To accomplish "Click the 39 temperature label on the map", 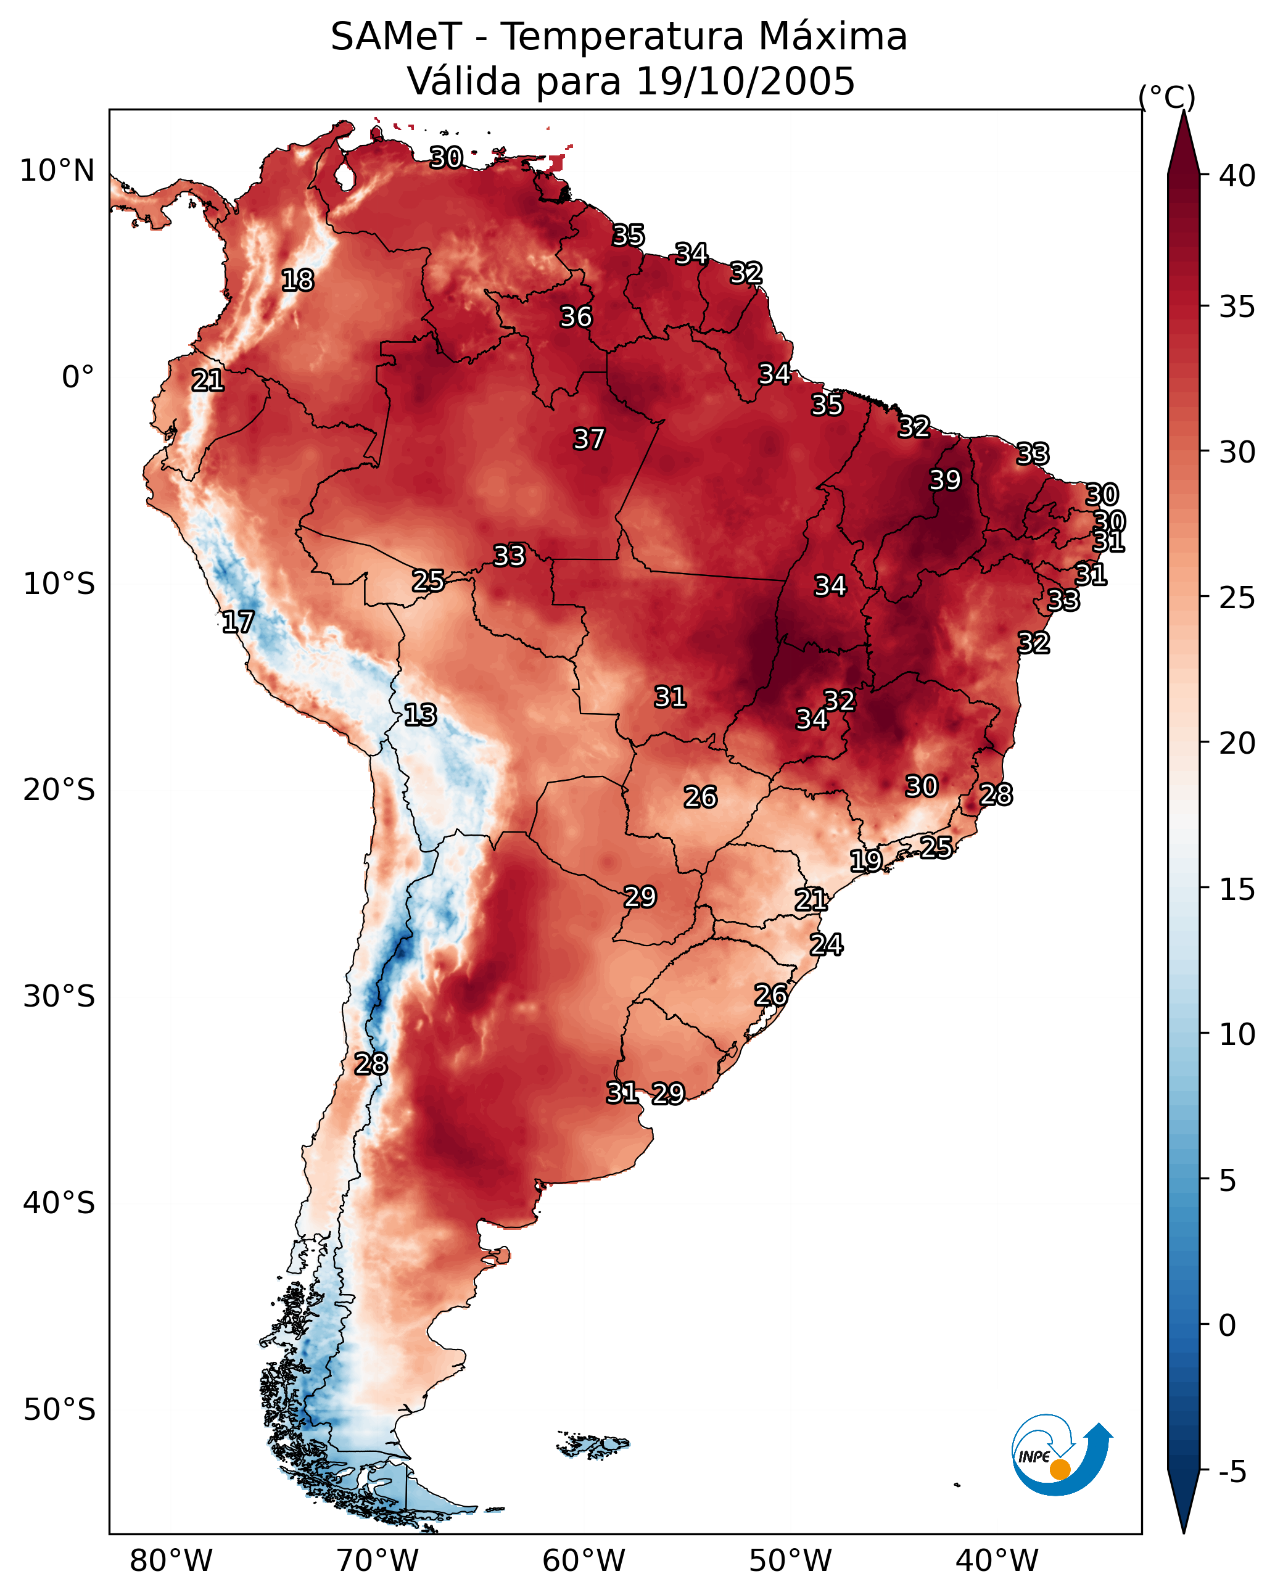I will pos(945,480).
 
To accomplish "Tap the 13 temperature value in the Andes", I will pos(420,715).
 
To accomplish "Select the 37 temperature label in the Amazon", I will pos(589,439).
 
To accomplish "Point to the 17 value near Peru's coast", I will pos(238,622).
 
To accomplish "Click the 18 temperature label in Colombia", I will pos(297,281).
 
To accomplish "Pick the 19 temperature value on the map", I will pos(866,860).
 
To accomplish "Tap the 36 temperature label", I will pos(576,318).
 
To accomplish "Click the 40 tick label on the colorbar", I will pos(1237,176).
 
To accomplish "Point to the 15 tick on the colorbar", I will pos(1237,889).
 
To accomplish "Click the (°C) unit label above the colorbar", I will pos(1166,97).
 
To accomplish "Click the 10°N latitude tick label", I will pos(57,171).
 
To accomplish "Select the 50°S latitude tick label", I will pos(59,1409).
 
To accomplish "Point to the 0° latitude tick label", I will pos(78,377).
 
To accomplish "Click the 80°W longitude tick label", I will pos(171,1561).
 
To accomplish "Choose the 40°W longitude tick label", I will pos(997,1561).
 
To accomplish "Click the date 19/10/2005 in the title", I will pos(745,81).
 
